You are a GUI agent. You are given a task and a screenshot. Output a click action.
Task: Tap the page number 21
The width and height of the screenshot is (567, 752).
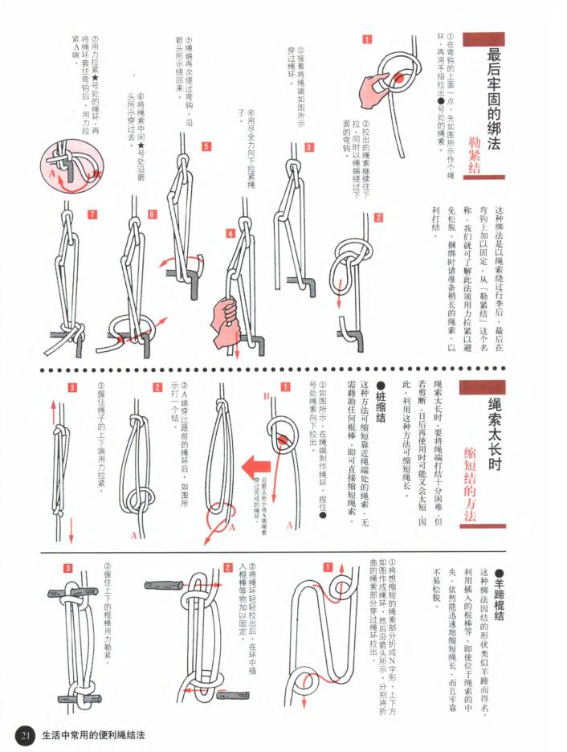coord(25,734)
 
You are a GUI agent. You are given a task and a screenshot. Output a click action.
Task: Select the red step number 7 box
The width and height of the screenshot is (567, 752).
coord(93,215)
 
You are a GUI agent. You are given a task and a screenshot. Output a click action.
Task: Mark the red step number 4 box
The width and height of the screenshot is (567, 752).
coord(230,234)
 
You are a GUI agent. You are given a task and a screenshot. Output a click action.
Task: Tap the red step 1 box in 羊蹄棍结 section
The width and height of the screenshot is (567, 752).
coord(328,566)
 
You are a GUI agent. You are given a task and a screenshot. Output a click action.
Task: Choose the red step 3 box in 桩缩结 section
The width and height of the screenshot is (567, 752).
coord(71,388)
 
